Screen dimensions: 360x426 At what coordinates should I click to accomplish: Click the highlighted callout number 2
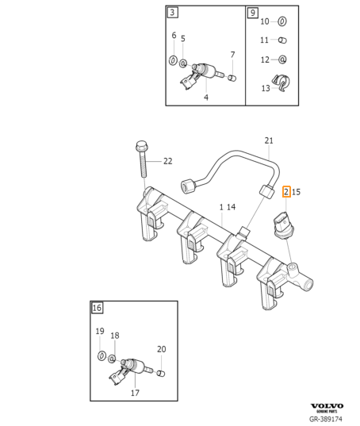click(286, 192)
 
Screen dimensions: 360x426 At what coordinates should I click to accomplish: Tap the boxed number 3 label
click(173, 13)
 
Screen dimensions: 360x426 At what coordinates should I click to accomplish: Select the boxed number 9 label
click(253, 13)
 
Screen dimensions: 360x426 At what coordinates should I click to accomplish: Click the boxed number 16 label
click(97, 308)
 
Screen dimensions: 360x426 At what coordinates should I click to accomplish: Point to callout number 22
click(168, 161)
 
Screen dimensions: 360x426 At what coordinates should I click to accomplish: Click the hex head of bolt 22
click(140, 147)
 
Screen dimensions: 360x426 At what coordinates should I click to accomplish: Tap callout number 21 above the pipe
click(269, 140)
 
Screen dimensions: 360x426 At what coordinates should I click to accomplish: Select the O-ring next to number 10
click(282, 21)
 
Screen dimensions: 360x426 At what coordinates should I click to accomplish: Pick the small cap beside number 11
click(282, 40)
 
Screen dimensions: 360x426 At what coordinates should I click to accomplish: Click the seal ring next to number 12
click(282, 59)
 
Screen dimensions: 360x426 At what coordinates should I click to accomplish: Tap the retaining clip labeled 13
click(281, 83)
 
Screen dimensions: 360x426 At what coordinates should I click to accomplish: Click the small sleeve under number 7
click(232, 78)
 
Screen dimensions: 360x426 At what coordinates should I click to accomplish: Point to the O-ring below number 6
click(173, 60)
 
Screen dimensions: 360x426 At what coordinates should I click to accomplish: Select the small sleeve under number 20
click(161, 374)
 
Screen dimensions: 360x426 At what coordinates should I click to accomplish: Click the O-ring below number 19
click(101, 355)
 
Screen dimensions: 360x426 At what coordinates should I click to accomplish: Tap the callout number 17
click(135, 393)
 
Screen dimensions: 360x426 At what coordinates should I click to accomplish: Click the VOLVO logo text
click(327, 406)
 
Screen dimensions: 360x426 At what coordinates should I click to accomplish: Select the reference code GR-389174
click(326, 419)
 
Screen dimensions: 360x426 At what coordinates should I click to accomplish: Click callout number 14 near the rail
click(231, 207)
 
